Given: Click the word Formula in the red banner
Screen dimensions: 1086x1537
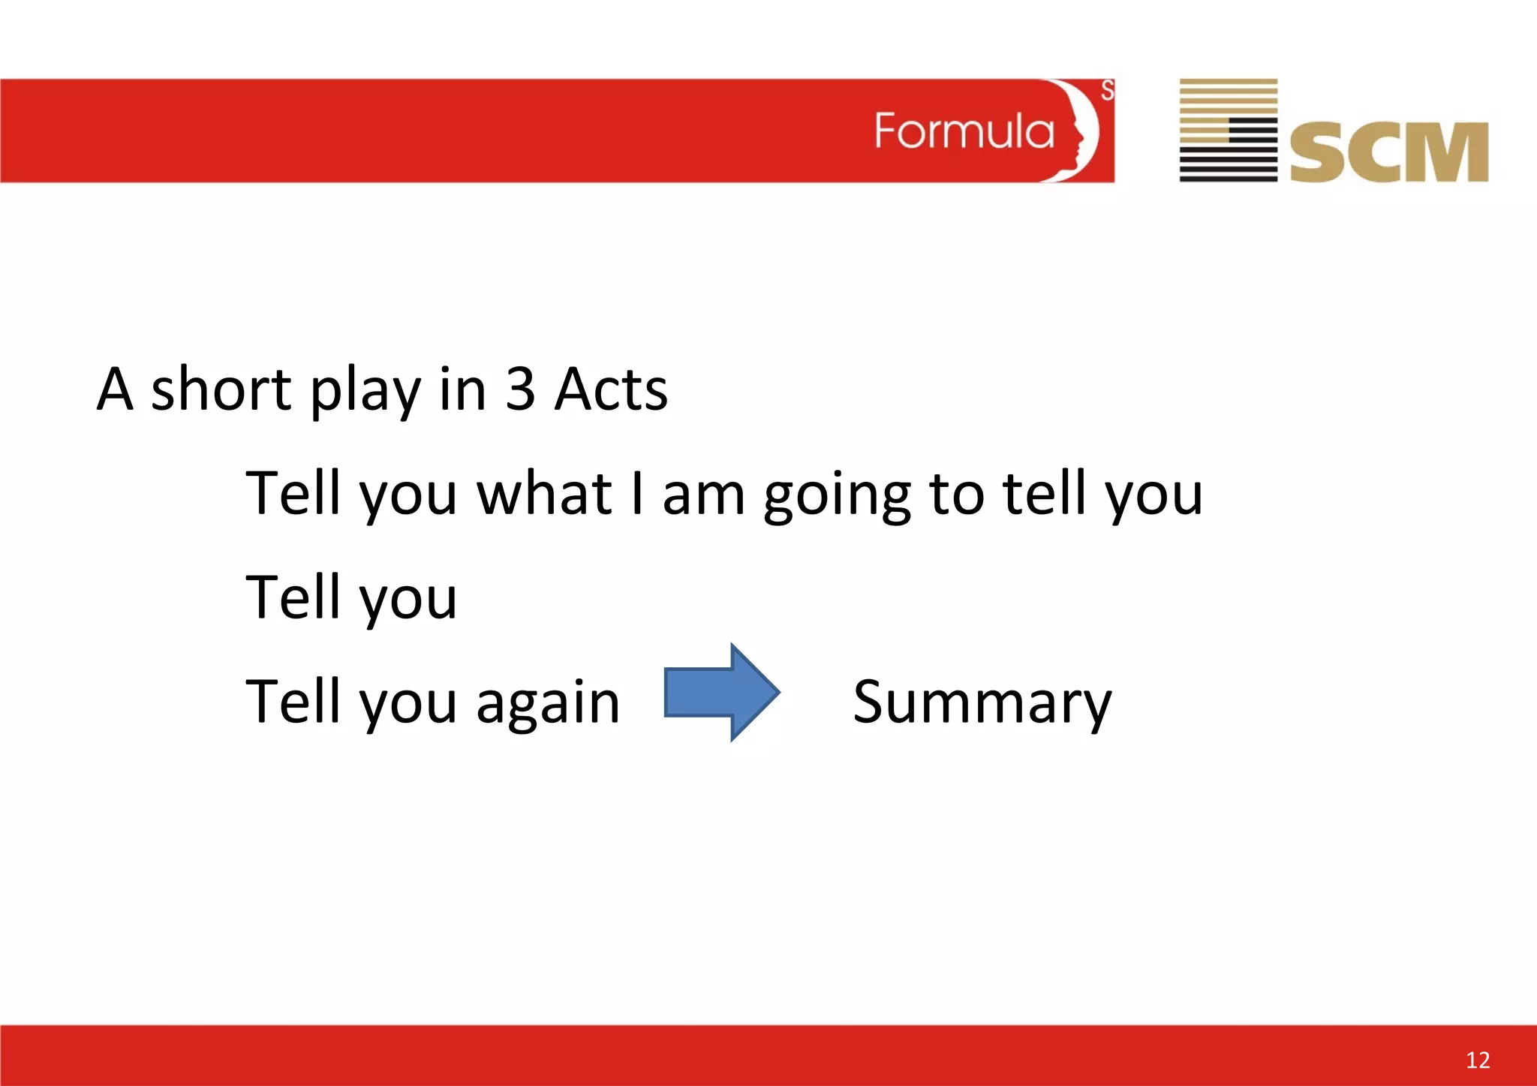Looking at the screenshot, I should click(964, 132).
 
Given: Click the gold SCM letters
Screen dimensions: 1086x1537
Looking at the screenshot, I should click(1388, 152).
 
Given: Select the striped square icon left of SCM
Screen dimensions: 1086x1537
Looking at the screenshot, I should click(1228, 130).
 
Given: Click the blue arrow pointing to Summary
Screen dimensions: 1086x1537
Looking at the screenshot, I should click(721, 692).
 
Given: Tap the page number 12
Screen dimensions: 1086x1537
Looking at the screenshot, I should click(1477, 1060).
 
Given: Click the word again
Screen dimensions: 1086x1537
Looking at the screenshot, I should click(548, 704).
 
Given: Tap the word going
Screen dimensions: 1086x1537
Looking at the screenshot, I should click(837, 495).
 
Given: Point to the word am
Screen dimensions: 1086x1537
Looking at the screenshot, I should click(703, 495).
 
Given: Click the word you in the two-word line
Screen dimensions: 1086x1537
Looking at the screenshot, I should click(408, 600).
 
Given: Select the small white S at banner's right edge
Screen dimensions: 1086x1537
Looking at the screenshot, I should click(1107, 91).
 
